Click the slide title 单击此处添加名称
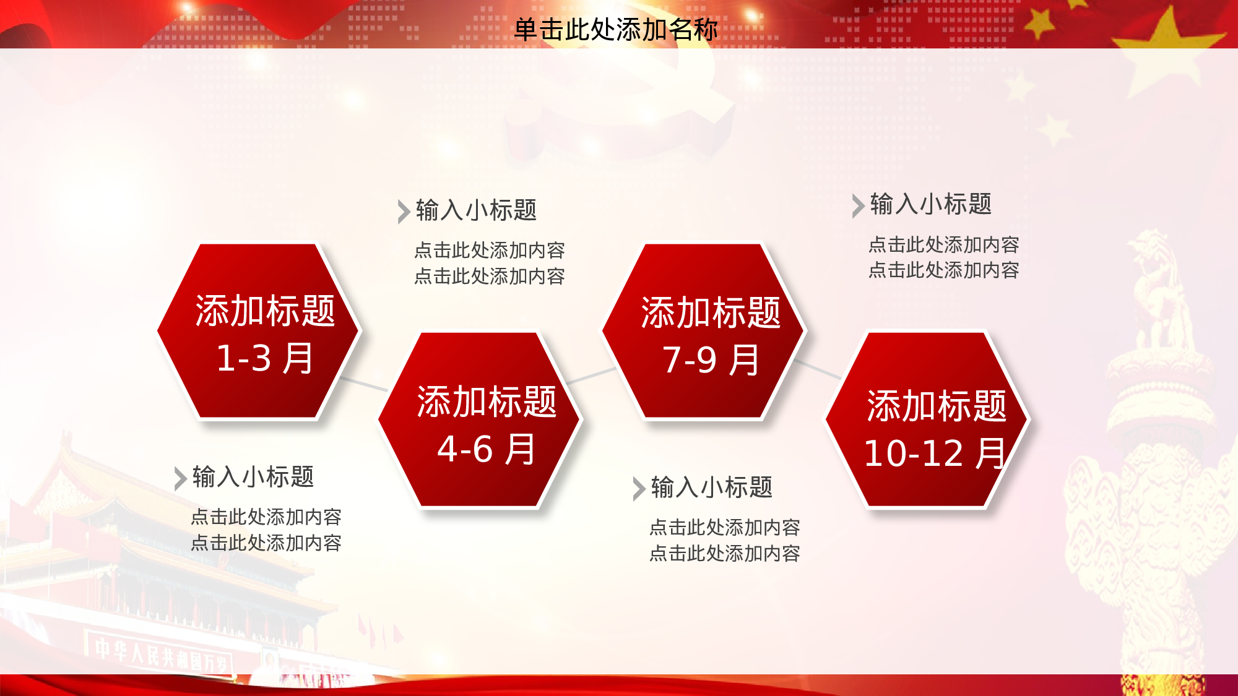pos(615,29)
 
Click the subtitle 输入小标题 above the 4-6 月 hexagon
pos(476,210)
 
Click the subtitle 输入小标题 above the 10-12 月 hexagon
pos(930,204)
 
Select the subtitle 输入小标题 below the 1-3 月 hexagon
pos(253,477)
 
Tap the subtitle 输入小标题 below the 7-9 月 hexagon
pos(711,488)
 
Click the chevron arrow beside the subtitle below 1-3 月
pos(180,478)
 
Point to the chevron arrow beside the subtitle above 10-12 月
pos(857,206)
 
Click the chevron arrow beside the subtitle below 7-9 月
pos(639,489)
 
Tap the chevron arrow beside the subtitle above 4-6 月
pos(403,212)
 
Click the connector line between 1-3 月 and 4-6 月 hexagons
pos(363,384)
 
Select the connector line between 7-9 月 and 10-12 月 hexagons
pos(818,369)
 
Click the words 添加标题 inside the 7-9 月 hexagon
pos(711,312)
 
